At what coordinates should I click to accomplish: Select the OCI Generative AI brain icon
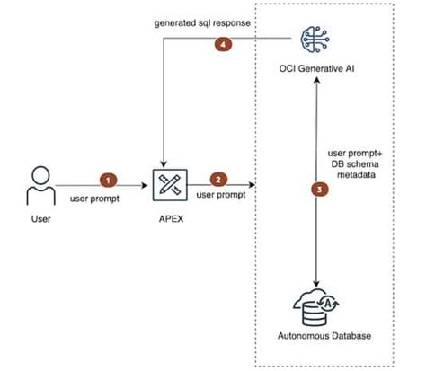click(314, 41)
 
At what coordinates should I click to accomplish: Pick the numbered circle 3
click(315, 190)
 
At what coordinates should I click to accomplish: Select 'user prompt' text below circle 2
click(220, 195)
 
